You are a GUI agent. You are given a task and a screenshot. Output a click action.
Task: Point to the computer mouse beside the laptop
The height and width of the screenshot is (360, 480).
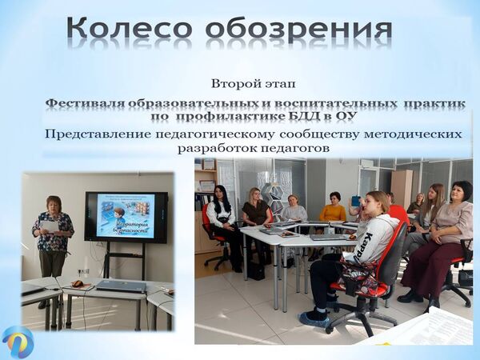pyautogui.click(x=78, y=283)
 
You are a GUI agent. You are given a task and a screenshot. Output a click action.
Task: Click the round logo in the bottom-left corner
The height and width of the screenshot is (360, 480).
pyautogui.click(x=18, y=341)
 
